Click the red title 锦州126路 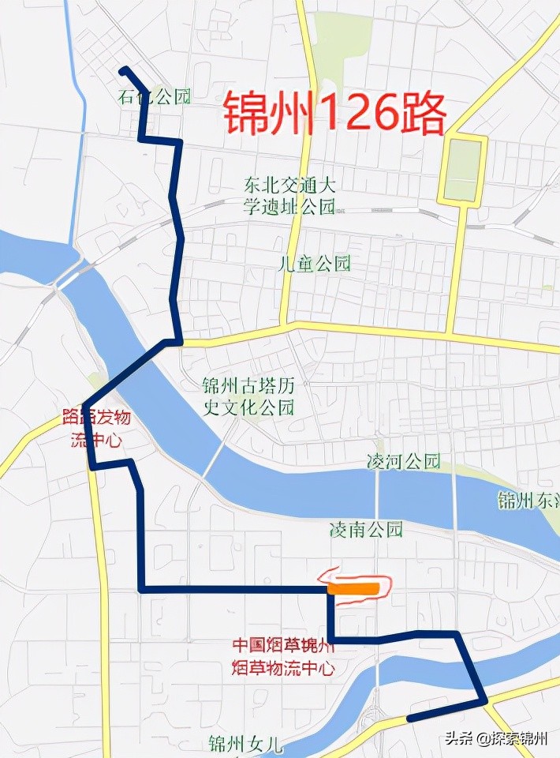(x=334, y=114)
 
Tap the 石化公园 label (x=155, y=97)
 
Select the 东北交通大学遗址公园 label (x=289, y=197)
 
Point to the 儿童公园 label (x=314, y=264)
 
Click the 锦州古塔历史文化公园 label (x=248, y=396)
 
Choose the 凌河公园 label (x=404, y=462)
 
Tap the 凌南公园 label (x=366, y=529)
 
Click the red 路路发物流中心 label (x=96, y=429)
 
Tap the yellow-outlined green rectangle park (x=463, y=170)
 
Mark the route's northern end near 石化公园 (x=124, y=71)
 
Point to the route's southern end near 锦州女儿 (x=409, y=719)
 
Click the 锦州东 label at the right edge (x=528, y=501)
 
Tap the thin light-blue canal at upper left (x=76, y=142)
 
